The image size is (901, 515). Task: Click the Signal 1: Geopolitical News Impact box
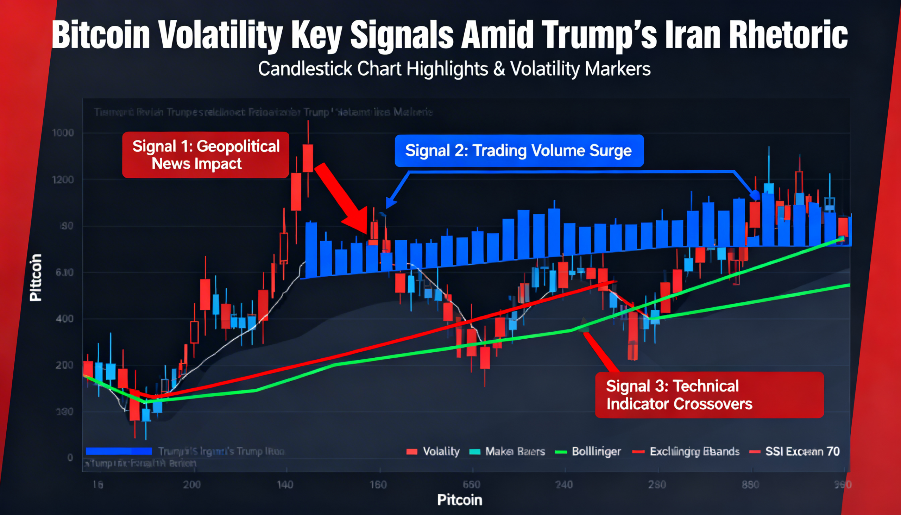(206, 155)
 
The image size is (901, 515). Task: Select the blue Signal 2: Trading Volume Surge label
(519, 151)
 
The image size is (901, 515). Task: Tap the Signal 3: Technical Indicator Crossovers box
(709, 395)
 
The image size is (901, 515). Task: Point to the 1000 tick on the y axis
(63, 133)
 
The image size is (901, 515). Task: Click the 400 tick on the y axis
(65, 319)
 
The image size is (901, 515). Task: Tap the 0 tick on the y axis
(70, 458)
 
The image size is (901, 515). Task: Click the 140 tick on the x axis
(285, 485)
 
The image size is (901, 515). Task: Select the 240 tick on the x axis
(564, 485)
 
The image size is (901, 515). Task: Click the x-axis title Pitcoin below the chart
(459, 500)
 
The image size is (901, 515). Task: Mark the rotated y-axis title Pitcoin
(36, 278)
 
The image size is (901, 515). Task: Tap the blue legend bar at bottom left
(119, 451)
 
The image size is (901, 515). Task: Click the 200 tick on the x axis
(192, 485)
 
